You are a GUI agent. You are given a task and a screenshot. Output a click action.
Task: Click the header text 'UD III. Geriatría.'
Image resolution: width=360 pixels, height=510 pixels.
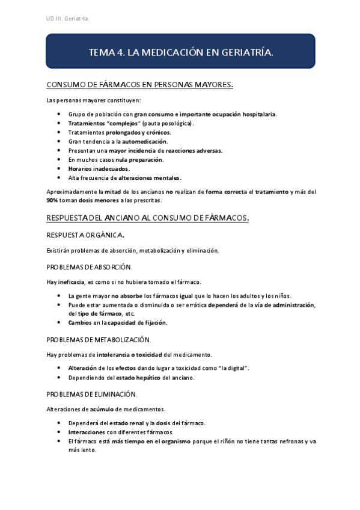68,19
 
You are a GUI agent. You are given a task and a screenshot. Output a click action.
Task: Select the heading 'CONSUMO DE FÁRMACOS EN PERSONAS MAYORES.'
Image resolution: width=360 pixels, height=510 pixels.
139,85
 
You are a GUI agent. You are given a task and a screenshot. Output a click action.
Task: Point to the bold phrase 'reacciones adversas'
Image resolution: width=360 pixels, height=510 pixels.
193,150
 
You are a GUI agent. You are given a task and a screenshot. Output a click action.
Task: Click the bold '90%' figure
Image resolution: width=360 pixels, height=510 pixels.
52,199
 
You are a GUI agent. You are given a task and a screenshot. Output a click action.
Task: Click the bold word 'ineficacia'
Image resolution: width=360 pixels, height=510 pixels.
69,281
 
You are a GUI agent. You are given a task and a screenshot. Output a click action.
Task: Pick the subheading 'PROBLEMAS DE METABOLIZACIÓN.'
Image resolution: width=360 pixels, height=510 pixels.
99,340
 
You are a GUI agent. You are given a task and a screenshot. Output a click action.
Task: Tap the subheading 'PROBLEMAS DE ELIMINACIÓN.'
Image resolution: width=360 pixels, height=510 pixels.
91,395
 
